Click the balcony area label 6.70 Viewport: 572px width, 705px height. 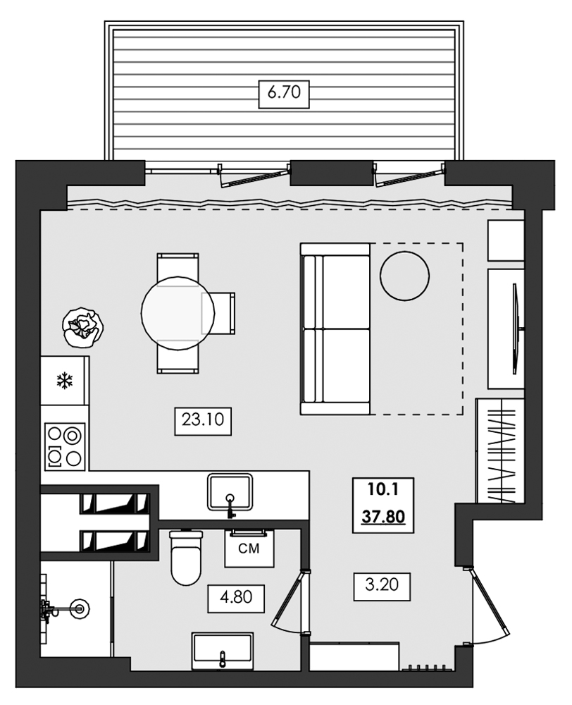pos(285,93)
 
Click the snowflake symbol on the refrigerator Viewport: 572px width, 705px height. pos(65,382)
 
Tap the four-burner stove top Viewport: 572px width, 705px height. pos(65,446)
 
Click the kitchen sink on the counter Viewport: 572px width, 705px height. pos(230,491)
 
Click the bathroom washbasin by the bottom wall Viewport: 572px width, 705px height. pos(222,650)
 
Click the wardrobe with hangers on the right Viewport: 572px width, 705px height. pos(501,450)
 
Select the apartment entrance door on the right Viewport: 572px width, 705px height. pos(487,606)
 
